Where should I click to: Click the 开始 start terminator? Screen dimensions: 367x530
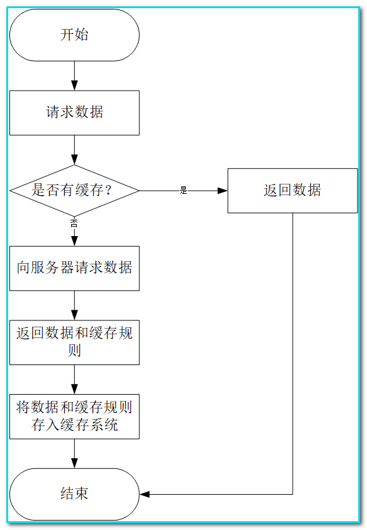[x=74, y=35]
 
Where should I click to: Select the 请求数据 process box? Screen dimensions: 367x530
[x=74, y=113]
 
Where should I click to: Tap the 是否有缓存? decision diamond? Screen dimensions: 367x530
[x=74, y=191]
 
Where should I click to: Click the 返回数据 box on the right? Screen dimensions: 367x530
[x=292, y=191]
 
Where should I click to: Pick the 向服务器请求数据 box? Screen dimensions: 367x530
[x=74, y=268]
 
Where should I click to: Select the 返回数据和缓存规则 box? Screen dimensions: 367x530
[x=74, y=342]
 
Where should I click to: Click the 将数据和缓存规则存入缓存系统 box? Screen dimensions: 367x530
[x=74, y=417]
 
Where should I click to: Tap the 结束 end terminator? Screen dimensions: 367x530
[x=74, y=494]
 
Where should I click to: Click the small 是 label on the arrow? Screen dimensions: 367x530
[x=184, y=190]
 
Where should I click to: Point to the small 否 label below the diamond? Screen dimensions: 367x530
[x=74, y=223]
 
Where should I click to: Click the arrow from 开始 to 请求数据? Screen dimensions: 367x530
[x=74, y=76]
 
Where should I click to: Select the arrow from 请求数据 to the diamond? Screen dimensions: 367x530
[x=74, y=150]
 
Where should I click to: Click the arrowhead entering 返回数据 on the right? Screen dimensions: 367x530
[x=222, y=191]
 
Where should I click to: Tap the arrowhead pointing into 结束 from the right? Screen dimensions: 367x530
[x=145, y=494]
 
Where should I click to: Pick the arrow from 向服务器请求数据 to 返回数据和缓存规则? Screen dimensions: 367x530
[x=74, y=305]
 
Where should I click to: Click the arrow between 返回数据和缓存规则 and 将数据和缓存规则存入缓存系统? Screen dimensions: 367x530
[x=74, y=380]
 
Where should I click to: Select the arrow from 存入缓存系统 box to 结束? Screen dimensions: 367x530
[x=74, y=454]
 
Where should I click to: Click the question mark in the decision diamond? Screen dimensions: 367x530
[x=108, y=190]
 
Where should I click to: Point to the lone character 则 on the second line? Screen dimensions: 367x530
[x=74, y=350]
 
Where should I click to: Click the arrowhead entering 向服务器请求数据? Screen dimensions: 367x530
[x=74, y=241]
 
